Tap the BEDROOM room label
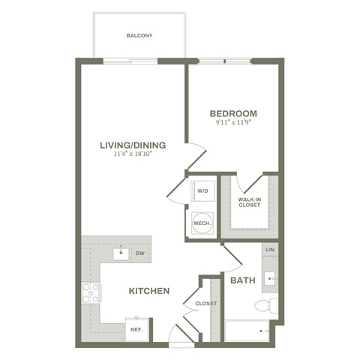click(234, 114)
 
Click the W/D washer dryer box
click(202, 191)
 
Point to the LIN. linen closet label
click(270, 250)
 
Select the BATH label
click(243, 280)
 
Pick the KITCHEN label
click(148, 291)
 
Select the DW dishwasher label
click(140, 254)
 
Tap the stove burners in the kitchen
click(91, 292)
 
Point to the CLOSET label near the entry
click(205, 304)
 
